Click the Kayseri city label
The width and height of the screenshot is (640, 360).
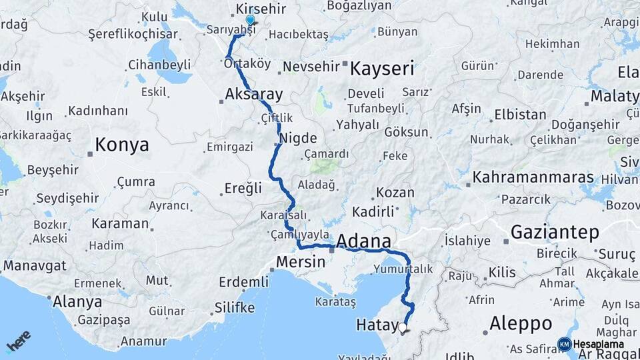click(382, 68)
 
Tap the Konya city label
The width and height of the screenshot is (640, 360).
click(122, 145)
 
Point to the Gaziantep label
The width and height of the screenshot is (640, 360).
click(555, 232)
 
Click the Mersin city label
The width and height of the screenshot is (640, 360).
click(300, 263)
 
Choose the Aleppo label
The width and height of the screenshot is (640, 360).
click(520, 324)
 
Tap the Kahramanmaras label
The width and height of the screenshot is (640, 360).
click(533, 178)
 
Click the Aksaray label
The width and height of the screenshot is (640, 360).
click(254, 95)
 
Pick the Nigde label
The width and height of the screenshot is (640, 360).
click(297, 139)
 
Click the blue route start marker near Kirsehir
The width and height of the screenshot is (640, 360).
click(250, 21)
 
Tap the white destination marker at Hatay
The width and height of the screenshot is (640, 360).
click(402, 327)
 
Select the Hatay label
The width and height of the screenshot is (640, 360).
click(377, 325)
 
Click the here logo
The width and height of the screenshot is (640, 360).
click(18, 341)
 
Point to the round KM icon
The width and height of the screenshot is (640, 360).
click(564, 344)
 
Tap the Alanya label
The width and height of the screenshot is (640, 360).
click(77, 301)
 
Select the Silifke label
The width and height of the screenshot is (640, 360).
click(235, 308)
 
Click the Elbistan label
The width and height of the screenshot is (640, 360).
click(520, 115)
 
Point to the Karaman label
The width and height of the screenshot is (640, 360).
click(120, 223)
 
